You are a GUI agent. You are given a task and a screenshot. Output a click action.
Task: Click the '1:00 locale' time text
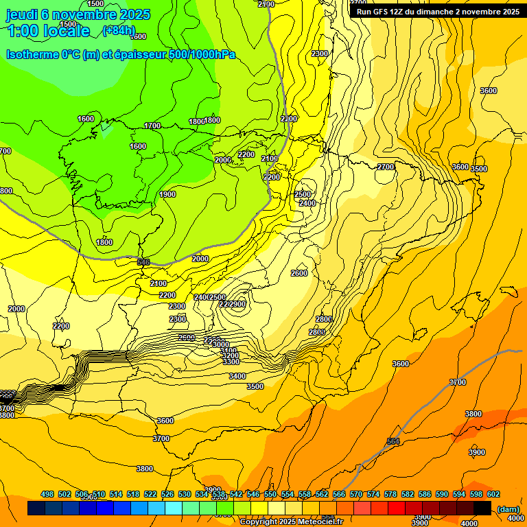(49, 31)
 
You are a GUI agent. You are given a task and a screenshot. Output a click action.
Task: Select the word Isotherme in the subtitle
(32, 54)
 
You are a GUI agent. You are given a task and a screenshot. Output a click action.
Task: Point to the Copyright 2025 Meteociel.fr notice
(291, 522)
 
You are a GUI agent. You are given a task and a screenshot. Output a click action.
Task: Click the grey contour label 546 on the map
(143, 262)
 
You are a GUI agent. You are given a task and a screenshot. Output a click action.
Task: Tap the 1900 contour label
(167, 194)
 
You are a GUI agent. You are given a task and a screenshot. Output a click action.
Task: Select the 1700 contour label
(152, 126)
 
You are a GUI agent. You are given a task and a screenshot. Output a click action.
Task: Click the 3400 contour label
(237, 376)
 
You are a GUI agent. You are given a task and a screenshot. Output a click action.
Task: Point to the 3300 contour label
(231, 362)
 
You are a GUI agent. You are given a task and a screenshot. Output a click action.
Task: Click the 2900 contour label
(237, 304)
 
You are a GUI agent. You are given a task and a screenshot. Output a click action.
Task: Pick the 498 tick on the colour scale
(47, 494)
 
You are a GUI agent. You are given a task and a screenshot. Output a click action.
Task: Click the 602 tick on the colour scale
(493, 494)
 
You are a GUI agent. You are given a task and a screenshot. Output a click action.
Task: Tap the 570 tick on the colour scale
(356, 494)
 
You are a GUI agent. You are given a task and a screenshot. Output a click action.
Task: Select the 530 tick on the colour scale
(185, 494)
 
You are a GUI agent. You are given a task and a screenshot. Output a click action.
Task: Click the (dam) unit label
(508, 508)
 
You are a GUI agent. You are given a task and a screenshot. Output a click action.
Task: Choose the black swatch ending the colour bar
(482, 508)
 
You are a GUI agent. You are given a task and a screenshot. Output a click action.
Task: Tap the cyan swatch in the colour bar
(174, 508)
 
